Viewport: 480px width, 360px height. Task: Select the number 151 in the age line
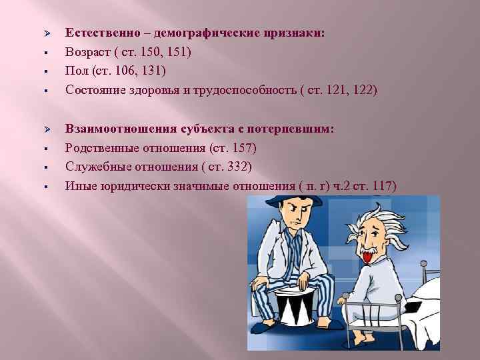click(179, 51)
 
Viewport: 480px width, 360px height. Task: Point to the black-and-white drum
click(298, 310)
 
